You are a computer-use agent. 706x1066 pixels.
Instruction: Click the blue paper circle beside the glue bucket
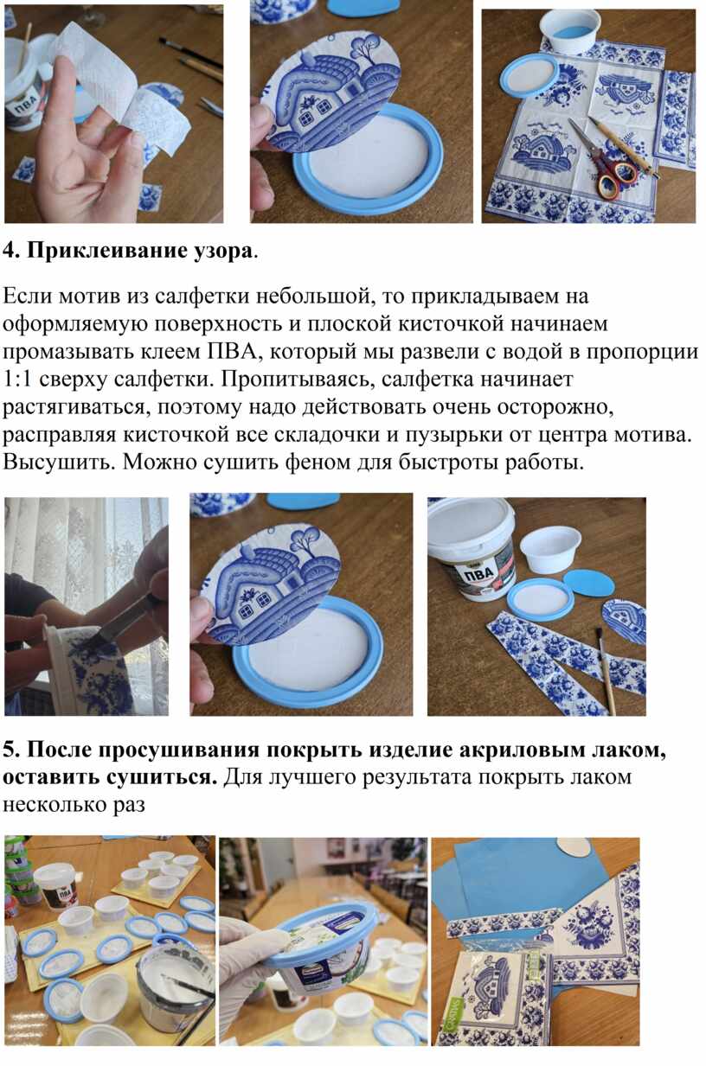(x=588, y=583)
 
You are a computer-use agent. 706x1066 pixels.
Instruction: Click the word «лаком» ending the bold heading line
(x=629, y=750)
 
